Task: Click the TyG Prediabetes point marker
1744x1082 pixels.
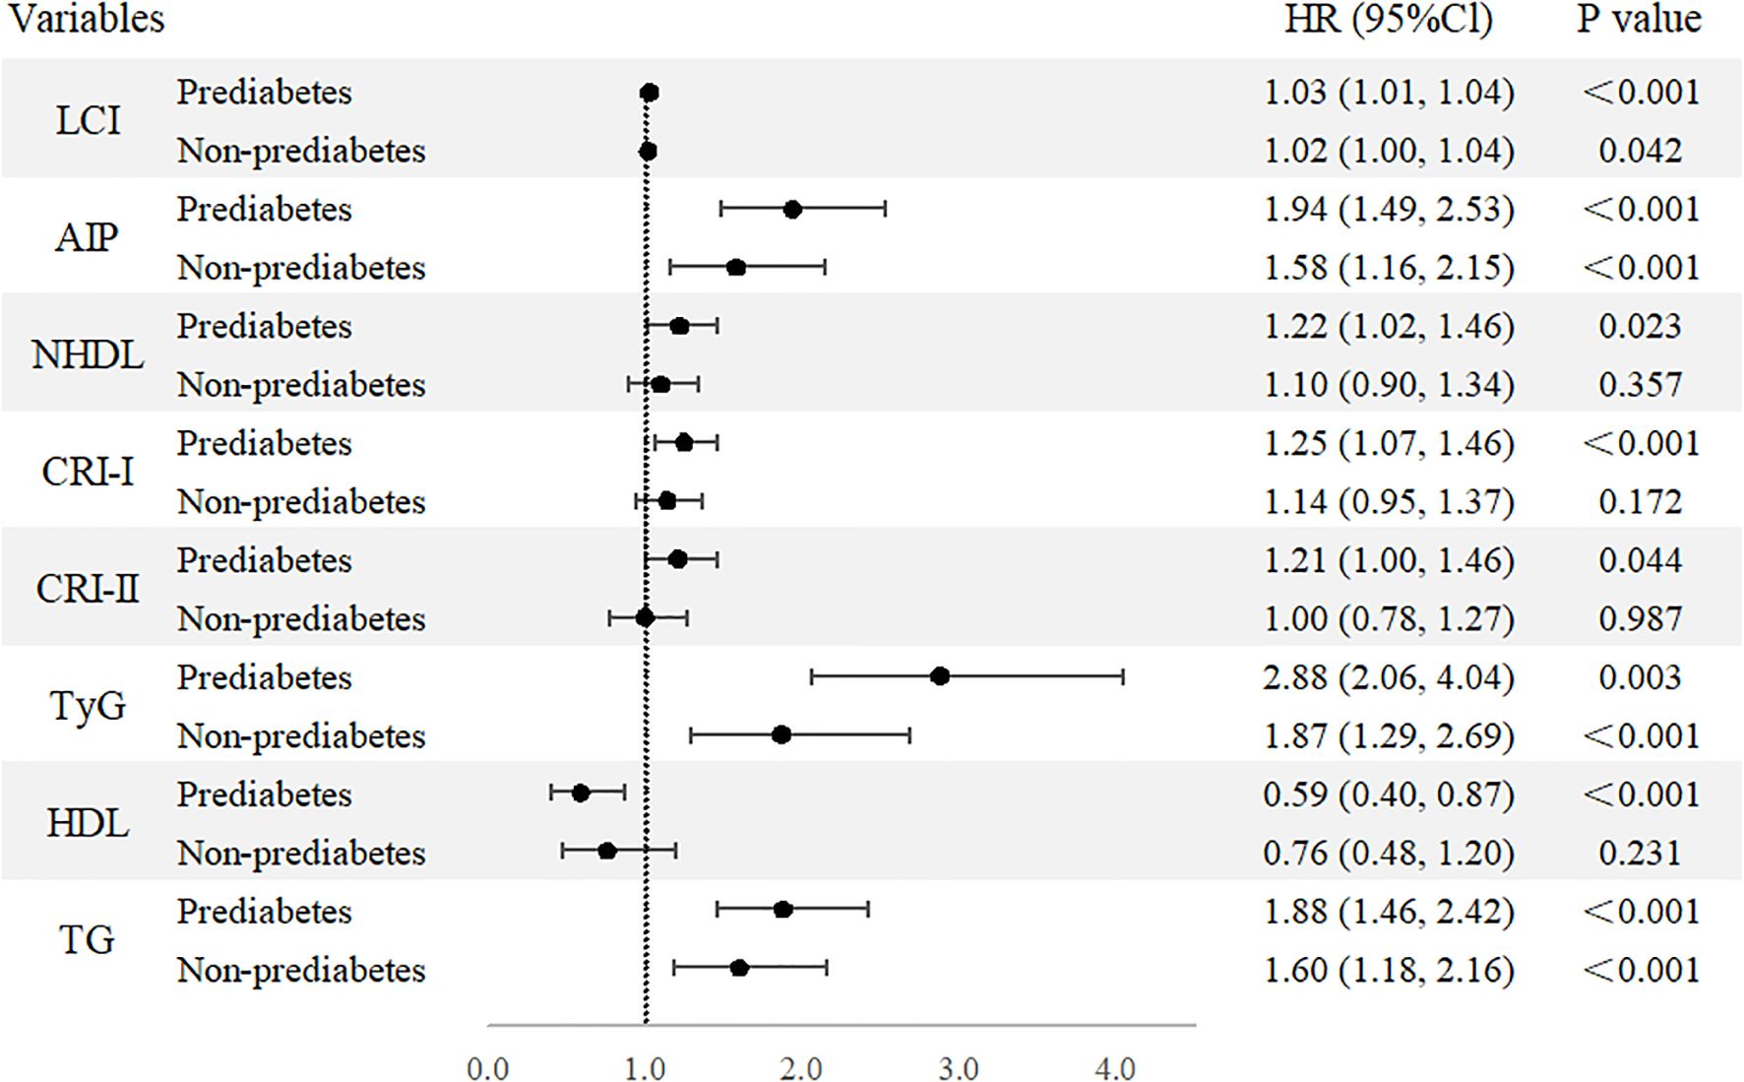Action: (940, 676)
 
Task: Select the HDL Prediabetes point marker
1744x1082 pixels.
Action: (581, 794)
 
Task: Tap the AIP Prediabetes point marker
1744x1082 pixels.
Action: (792, 209)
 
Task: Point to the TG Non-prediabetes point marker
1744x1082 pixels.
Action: (739, 969)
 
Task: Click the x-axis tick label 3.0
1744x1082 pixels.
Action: (958, 1068)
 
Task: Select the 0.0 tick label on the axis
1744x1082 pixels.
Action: (488, 1068)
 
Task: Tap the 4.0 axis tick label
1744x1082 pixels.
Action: (1115, 1068)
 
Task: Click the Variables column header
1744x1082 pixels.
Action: (87, 20)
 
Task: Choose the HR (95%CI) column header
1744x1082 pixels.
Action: (1389, 20)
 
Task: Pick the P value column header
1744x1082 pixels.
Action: (1639, 20)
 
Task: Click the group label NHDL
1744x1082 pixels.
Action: (88, 354)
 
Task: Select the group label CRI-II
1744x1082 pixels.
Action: (88, 589)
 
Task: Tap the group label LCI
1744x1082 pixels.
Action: (88, 121)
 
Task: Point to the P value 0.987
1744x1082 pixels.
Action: (1640, 618)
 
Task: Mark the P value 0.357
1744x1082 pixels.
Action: (1640, 384)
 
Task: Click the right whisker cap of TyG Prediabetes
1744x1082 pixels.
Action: (1123, 676)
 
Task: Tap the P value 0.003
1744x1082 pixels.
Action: (1640, 677)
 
